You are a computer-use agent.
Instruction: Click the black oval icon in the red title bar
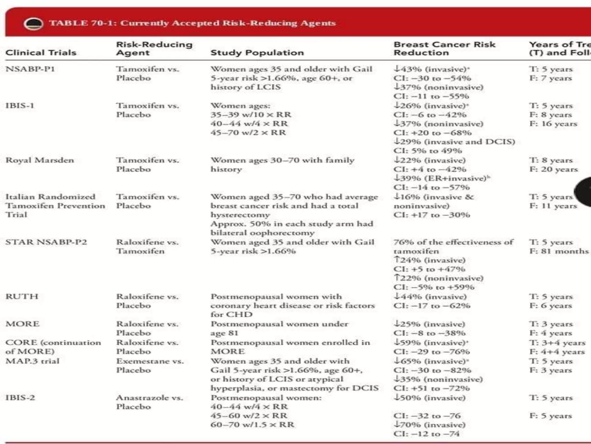[x=33, y=24]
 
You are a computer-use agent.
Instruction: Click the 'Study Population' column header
[x=257, y=53]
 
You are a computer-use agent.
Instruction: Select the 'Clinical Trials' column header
[x=41, y=53]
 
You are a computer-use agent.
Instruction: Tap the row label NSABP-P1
[x=30, y=69]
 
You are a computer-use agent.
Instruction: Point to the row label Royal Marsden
[x=40, y=160]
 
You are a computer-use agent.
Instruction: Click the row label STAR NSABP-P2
[x=46, y=242]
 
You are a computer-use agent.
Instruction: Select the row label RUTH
[x=22, y=297]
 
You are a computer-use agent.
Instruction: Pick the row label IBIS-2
[x=20, y=398]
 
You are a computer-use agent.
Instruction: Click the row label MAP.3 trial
[x=32, y=361]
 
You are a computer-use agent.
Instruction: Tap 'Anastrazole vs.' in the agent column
[x=149, y=398]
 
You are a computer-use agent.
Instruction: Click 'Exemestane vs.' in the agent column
[x=150, y=361]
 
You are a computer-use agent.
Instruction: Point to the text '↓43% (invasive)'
[x=431, y=69]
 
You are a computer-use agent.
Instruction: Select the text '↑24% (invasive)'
[x=430, y=260]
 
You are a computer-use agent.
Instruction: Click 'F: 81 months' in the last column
[x=559, y=251]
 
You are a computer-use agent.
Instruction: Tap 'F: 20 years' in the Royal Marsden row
[x=553, y=169]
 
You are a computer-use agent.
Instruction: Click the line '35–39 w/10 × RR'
[x=251, y=115]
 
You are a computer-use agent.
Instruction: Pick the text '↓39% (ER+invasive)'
[x=442, y=178]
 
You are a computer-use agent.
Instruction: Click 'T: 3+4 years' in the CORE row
[x=557, y=343]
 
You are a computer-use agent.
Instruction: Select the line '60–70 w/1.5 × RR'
[x=252, y=425]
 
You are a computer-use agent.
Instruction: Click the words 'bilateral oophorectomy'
[x=262, y=233]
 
